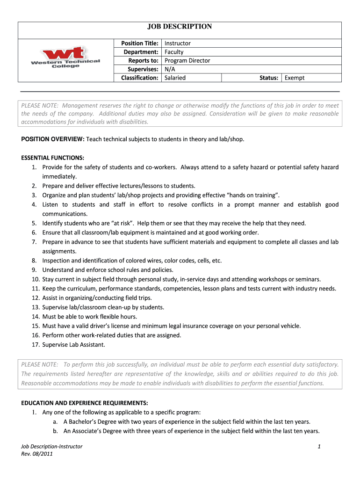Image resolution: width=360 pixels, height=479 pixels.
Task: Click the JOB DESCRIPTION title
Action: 180,27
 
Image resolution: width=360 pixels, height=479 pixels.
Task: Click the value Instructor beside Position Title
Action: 178,43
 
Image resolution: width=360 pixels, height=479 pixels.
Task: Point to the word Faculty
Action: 174,52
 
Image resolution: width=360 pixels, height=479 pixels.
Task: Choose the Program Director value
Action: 187,60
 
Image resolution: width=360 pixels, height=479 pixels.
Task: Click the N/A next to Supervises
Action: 170,69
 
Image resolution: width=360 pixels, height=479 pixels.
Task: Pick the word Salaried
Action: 175,78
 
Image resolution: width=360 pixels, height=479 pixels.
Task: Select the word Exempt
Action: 295,78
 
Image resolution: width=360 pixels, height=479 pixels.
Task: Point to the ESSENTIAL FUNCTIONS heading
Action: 53,158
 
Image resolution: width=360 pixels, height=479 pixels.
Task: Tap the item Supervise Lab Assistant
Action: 74,345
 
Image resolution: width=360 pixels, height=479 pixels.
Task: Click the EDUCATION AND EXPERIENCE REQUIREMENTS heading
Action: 85,403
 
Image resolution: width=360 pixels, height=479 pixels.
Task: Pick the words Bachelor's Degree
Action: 90,421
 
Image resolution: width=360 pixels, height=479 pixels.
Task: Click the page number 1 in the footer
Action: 318,447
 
